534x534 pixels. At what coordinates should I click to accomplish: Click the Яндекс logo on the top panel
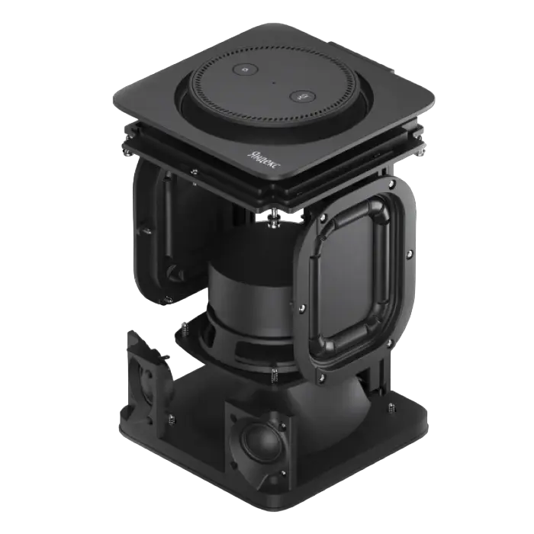coord(264,159)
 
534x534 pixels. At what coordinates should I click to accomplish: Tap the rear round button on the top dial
coord(246,70)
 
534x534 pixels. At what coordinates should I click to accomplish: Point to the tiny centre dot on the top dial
coord(273,82)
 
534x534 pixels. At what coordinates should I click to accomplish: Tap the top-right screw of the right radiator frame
coord(391,185)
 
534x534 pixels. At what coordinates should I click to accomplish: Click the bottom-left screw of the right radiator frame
coord(322,377)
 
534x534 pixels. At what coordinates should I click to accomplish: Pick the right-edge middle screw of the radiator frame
coord(410,254)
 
